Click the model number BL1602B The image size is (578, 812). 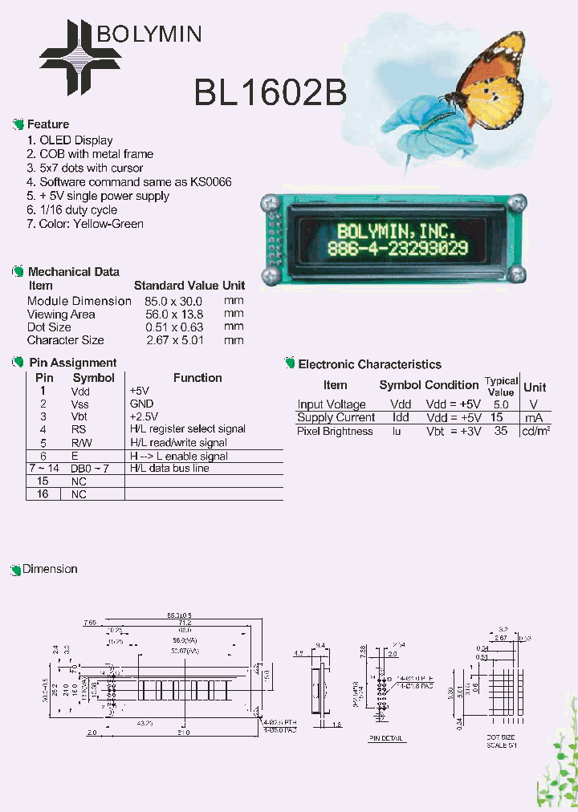pyautogui.click(x=271, y=94)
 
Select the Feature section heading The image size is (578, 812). pyautogui.click(x=48, y=124)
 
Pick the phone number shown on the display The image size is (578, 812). pyautogui.click(x=398, y=249)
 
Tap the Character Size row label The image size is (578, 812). pyautogui.click(x=66, y=340)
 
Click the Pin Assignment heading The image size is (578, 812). pyautogui.click(x=73, y=363)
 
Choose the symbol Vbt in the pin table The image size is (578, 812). pyautogui.click(x=79, y=416)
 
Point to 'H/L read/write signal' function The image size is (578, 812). pyautogui.click(x=178, y=442)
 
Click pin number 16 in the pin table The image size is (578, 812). pyautogui.click(x=43, y=494)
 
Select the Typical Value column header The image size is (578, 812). pyautogui.click(x=501, y=386)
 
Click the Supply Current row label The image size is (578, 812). pyautogui.click(x=336, y=417)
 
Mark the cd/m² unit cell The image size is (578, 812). pyautogui.click(x=535, y=431)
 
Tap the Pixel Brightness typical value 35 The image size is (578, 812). pyautogui.click(x=501, y=431)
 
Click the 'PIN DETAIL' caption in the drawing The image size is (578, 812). pyautogui.click(x=386, y=738)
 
